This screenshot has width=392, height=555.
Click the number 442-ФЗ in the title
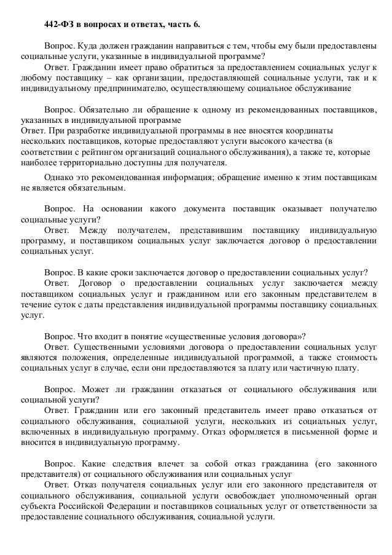pos(58,25)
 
